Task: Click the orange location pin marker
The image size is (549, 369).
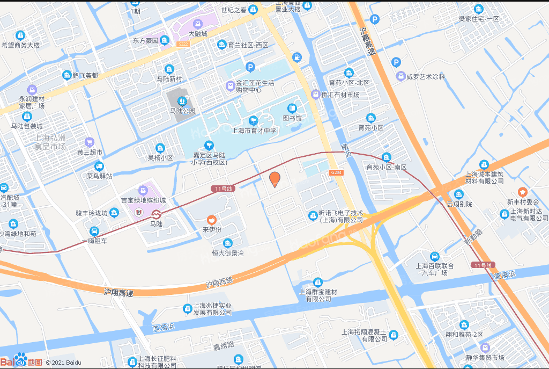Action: [x=274, y=179]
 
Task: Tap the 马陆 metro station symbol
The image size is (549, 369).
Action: [x=155, y=213]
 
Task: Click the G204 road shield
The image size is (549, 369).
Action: [x=336, y=172]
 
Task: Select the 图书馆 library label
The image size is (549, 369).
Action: [x=292, y=118]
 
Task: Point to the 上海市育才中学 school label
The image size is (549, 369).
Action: [x=254, y=130]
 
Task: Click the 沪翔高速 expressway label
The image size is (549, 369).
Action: [x=118, y=293]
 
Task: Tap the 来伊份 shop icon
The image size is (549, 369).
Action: [x=212, y=220]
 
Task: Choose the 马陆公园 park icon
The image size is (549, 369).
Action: [x=182, y=100]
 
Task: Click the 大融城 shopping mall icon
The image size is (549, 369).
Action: [x=197, y=24]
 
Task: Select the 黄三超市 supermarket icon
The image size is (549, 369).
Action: [x=90, y=142]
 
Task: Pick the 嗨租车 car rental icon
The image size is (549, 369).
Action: [x=94, y=231]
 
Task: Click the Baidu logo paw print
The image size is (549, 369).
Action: [x=21, y=359]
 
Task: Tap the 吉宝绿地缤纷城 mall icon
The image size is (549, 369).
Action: [x=143, y=190]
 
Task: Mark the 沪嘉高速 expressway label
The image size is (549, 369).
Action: [x=368, y=42]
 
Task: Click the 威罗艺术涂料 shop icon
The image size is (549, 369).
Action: [x=400, y=76]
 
